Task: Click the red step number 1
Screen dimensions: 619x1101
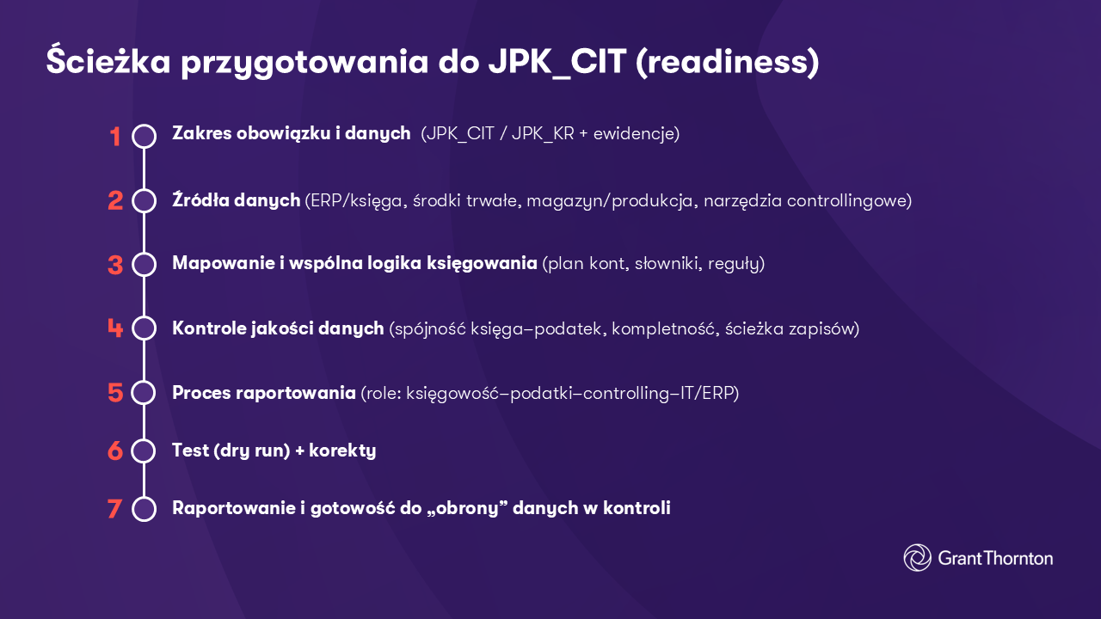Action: coord(115,136)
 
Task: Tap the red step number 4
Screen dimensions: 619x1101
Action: coord(115,328)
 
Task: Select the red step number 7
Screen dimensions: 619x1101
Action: coord(115,508)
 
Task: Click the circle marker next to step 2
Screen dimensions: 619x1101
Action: coord(145,200)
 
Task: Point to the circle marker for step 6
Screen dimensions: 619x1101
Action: coord(145,450)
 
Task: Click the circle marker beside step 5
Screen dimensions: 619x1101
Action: coord(145,393)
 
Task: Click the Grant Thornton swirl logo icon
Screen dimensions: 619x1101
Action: coord(917,558)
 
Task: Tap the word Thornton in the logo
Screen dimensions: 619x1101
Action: coord(1018,558)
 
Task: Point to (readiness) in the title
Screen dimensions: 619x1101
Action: coord(728,63)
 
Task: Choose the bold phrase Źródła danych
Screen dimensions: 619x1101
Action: coord(237,200)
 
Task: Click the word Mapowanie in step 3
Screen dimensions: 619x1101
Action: coord(221,263)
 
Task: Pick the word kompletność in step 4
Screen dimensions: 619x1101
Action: coord(662,328)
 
